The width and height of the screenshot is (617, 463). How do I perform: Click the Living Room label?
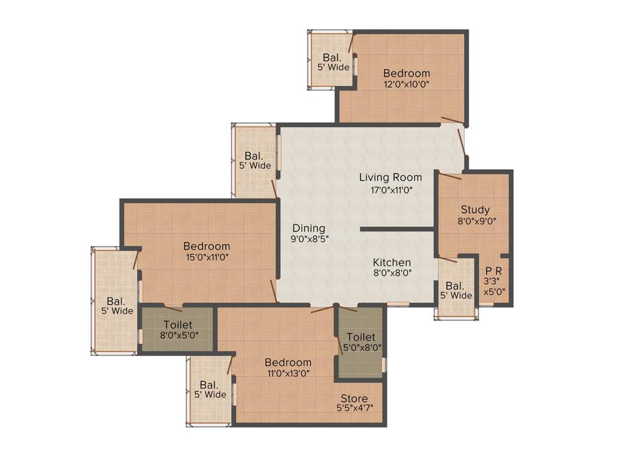[x=390, y=177]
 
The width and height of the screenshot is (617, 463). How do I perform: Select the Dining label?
[x=308, y=228]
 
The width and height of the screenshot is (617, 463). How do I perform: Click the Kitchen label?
[x=392, y=262]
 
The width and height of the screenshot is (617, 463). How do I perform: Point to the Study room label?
[x=475, y=210]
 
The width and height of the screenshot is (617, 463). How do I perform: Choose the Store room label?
[x=354, y=398]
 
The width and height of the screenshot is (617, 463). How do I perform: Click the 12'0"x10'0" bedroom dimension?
[x=406, y=84]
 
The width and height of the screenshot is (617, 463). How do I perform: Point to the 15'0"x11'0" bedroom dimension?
[x=207, y=257]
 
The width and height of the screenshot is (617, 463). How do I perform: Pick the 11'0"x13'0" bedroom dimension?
[x=288, y=373]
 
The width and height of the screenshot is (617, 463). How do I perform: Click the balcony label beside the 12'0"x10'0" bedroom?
[x=333, y=62]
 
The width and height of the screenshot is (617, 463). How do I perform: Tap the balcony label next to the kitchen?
[x=455, y=291]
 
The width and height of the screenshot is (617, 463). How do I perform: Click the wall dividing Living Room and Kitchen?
[x=397, y=229]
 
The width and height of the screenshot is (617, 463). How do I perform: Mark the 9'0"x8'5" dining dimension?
[x=309, y=239]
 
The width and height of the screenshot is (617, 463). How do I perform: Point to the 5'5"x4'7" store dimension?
[x=354, y=408]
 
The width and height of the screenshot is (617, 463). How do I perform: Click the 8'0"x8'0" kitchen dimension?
[x=392, y=272]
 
